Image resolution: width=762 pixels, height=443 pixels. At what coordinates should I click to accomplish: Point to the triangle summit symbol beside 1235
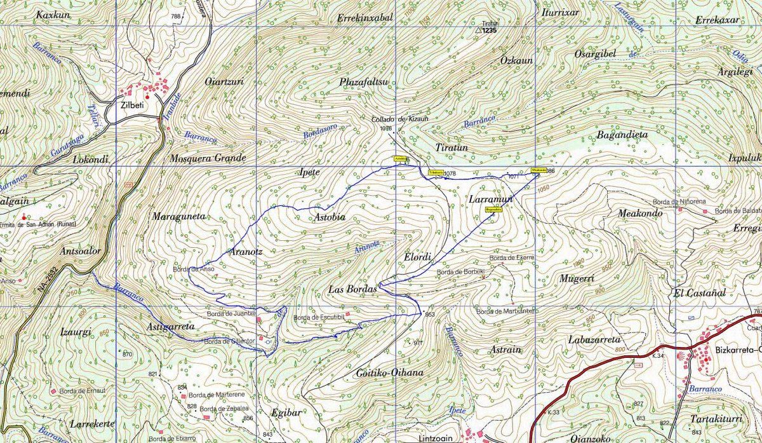tap(479, 29)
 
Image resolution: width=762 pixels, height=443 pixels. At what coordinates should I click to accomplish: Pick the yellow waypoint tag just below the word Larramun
tap(494, 208)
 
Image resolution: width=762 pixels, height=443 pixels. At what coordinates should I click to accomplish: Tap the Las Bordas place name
tap(352, 289)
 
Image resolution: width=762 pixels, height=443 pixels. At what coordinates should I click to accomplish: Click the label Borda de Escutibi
tap(318, 318)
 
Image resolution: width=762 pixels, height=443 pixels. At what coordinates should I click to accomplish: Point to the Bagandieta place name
tap(622, 135)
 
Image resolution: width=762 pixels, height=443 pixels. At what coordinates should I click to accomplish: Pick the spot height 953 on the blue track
tap(430, 315)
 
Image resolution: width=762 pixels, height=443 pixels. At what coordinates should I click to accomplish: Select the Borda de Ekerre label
tap(511, 257)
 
